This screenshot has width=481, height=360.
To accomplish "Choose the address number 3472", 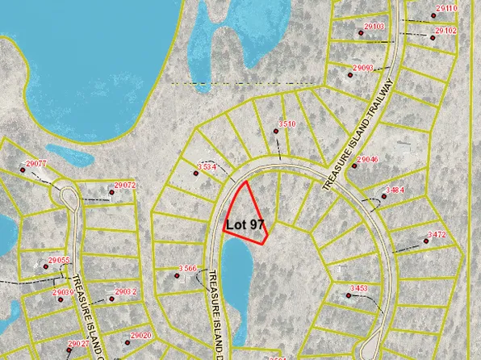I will [436, 235].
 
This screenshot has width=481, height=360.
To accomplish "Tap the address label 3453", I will [359, 288].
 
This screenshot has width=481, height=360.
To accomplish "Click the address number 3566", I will [188, 268].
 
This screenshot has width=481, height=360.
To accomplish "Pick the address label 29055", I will [60, 261].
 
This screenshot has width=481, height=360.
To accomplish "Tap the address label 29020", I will [140, 335].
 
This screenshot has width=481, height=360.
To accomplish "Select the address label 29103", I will [374, 27].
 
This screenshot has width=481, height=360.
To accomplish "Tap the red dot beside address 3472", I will [423, 240].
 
